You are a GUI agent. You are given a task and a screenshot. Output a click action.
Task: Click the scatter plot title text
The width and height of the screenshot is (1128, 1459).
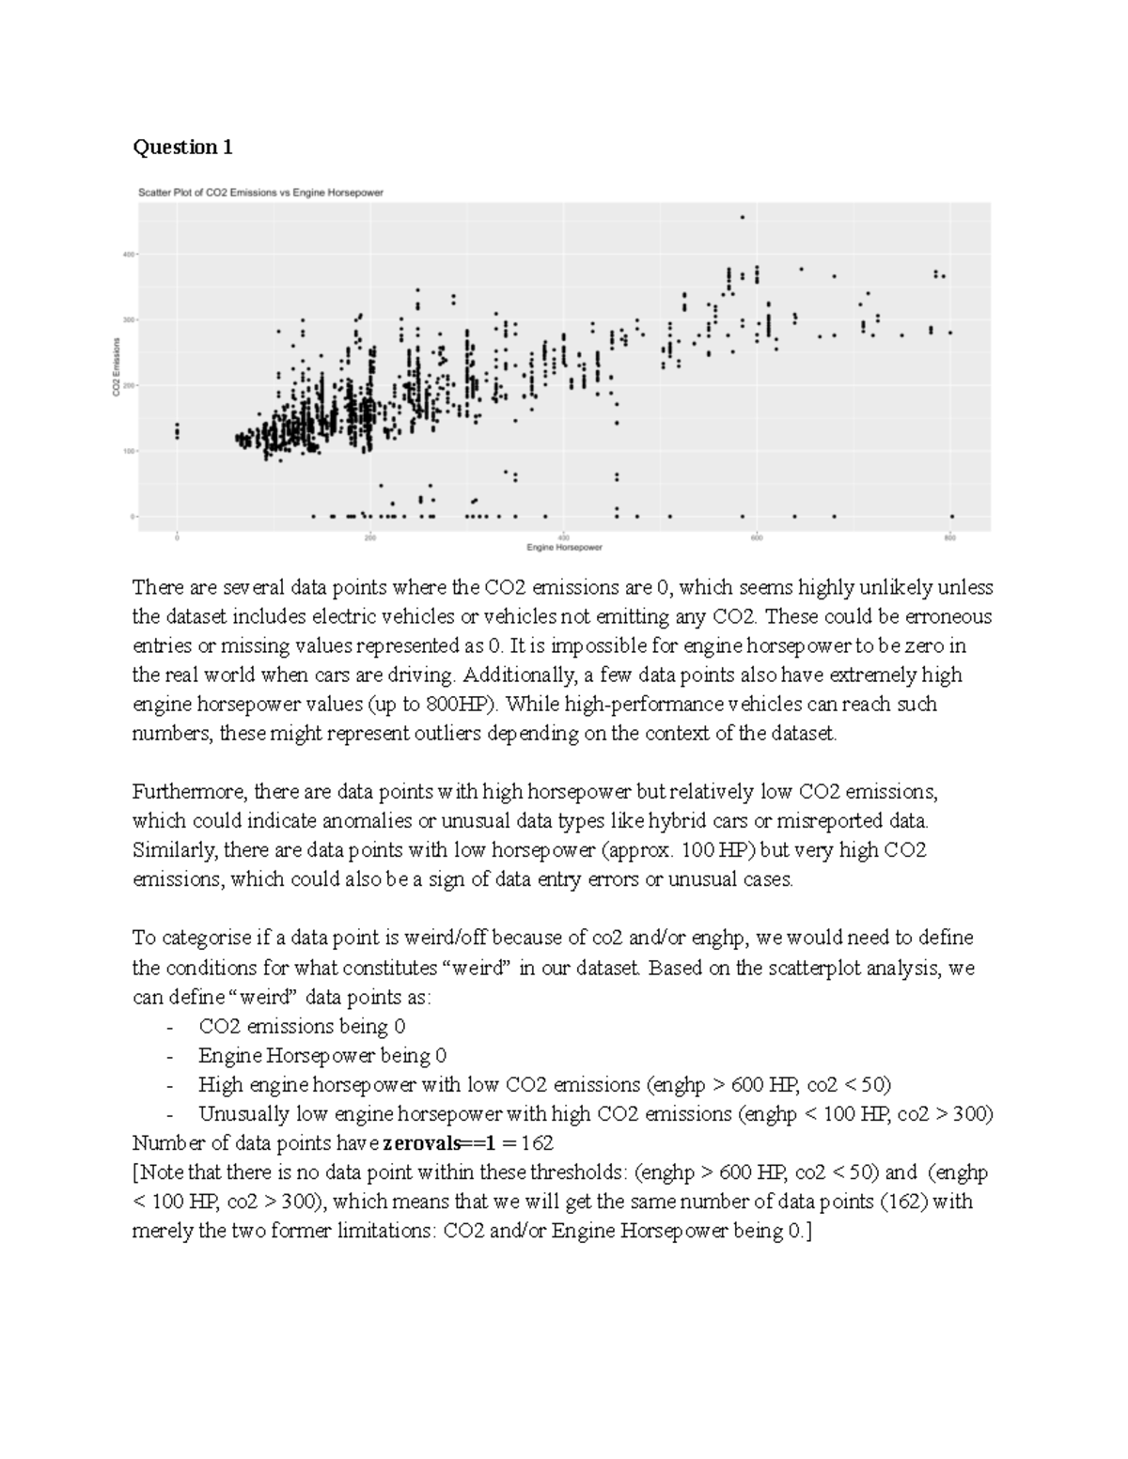pos(260,193)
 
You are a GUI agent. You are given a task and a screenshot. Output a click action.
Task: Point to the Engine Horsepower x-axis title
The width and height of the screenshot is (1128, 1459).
pos(564,547)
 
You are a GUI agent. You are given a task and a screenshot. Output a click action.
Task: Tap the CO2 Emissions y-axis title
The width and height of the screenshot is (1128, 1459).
pos(117,366)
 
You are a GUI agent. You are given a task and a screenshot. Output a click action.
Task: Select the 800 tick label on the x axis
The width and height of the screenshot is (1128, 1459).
pos(950,537)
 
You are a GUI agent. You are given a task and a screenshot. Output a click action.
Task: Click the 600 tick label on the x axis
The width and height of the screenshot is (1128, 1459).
pos(757,537)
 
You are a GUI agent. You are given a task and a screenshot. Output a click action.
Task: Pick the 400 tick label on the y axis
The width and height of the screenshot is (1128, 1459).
pos(127,254)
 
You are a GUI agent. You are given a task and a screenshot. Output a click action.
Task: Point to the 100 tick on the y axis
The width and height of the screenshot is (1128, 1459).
pos(127,451)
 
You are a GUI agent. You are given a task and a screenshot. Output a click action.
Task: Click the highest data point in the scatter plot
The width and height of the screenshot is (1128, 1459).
pos(742,217)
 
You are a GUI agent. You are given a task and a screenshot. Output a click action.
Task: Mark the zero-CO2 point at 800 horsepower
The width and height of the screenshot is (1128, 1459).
pos(951,516)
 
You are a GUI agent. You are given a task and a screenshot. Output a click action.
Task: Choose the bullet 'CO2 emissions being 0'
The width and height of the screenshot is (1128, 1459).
pos(302,1027)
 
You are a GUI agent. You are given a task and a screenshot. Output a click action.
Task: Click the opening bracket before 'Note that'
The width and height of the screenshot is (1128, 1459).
pos(136,1172)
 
